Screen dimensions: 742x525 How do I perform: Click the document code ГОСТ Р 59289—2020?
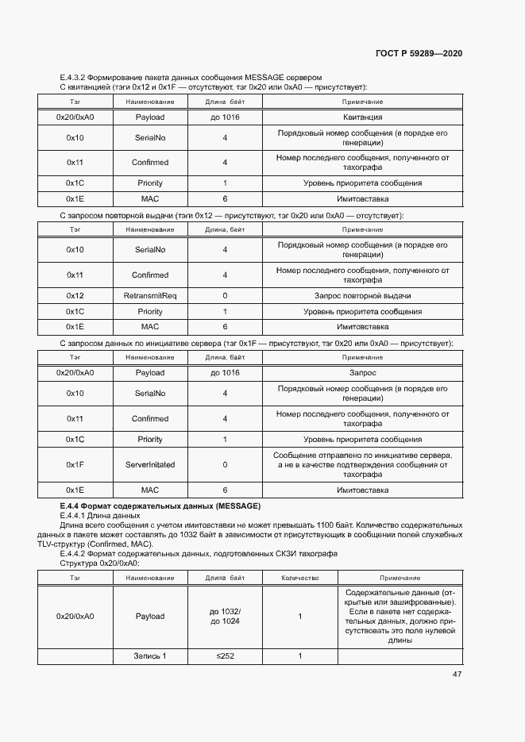[419, 53]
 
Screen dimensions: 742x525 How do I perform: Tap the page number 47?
[457, 674]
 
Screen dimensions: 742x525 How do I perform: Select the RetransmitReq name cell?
[150, 295]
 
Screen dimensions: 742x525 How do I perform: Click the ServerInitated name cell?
[150, 464]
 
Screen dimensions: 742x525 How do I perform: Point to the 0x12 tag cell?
[75, 295]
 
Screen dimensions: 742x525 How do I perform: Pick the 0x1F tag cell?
[75, 464]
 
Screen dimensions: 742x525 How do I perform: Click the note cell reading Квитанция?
[362, 117]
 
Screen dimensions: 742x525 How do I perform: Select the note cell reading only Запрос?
[362, 372]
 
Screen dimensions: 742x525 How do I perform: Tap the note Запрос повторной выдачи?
[362, 295]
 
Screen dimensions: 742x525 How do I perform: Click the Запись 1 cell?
[150, 656]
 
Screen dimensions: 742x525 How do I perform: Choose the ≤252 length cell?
[225, 656]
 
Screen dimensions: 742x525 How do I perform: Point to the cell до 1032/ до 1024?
[225, 616]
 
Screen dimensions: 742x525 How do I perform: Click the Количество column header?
[299, 578]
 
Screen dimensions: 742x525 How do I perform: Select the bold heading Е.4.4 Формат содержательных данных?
[160, 506]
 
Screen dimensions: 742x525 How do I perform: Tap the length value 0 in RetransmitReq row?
[225, 295]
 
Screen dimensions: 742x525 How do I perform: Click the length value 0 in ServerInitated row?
[225, 464]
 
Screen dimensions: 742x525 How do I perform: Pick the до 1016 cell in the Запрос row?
[225, 372]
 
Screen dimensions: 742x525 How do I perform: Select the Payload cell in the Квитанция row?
[150, 117]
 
